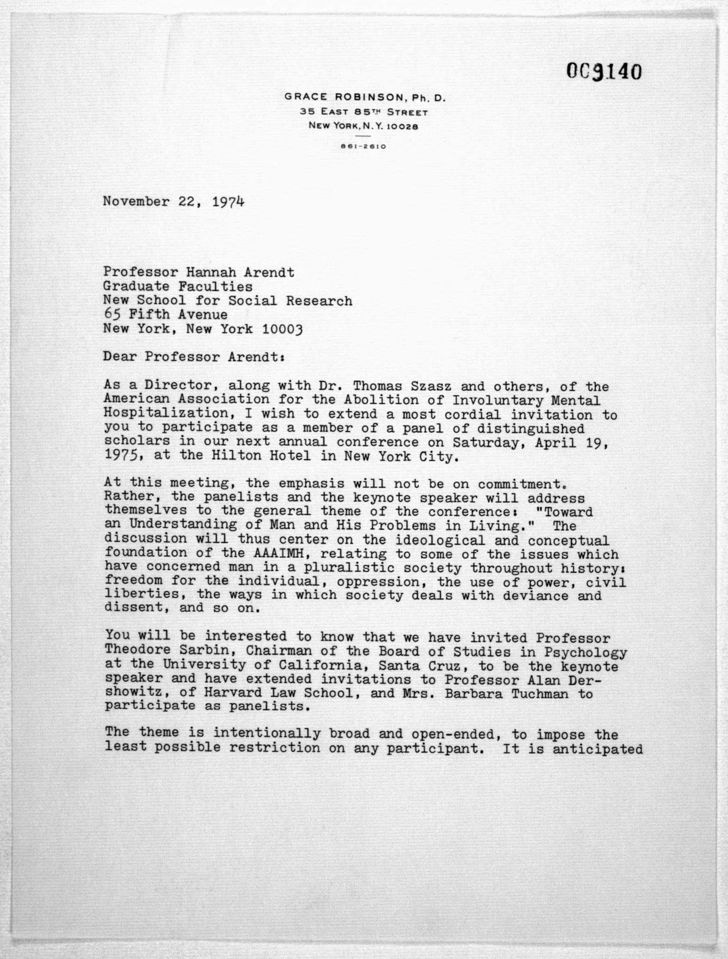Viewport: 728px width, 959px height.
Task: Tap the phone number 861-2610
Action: point(363,147)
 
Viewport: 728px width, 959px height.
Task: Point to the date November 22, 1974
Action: point(173,202)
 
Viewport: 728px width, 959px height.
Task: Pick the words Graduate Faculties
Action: point(178,287)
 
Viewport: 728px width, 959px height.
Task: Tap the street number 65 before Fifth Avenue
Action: point(111,314)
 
